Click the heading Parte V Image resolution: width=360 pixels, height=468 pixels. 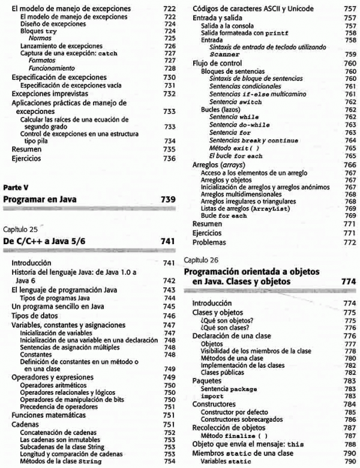15,187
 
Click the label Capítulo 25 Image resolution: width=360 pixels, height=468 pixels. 20,229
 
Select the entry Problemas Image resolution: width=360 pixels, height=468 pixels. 209,242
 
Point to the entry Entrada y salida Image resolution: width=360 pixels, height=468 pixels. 218,19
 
